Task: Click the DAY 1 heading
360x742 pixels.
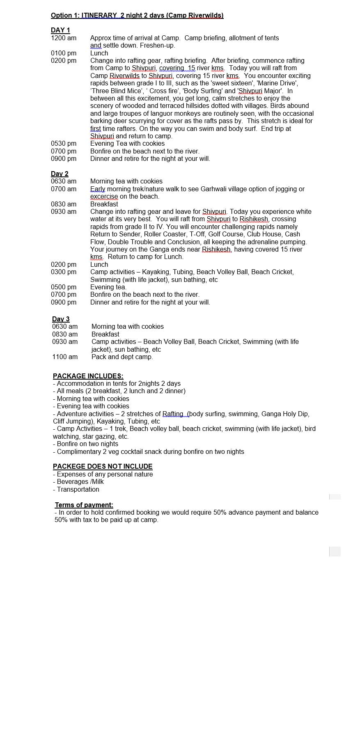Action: pos(60,30)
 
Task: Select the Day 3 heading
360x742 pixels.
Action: pos(61,319)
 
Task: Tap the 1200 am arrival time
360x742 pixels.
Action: pos(64,38)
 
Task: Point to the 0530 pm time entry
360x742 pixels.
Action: pos(64,143)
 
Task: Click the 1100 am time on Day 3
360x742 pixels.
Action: pos(65,357)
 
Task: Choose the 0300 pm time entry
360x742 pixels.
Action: pos(64,272)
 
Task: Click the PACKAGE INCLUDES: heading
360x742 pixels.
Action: pos(88,376)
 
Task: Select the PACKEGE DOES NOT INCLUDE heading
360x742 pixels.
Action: pos(103,466)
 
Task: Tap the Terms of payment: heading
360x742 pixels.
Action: pos(84,505)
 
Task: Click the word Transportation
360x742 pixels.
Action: pos(78,489)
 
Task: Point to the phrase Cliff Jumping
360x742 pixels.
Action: pos(71,421)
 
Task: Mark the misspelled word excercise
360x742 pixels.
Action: pos(104,196)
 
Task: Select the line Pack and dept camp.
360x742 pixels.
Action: pos(122,357)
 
